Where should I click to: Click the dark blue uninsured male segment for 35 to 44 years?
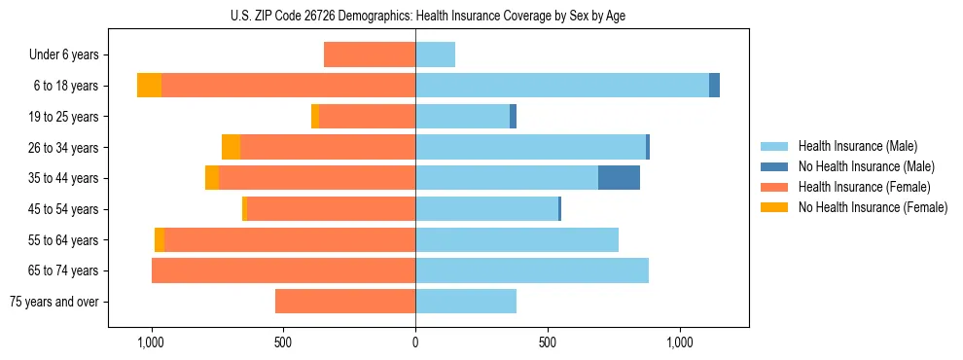(619, 177)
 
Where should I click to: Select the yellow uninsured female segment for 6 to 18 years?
(149, 86)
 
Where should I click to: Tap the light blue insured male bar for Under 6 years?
(435, 54)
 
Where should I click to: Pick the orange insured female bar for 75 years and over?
(345, 302)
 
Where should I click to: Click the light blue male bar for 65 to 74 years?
(532, 270)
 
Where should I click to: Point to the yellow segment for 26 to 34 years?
(231, 147)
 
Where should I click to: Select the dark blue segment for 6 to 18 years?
(714, 86)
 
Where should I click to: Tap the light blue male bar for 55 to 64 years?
(517, 239)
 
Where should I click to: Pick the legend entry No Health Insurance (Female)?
(873, 207)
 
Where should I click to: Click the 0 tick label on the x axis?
(415, 342)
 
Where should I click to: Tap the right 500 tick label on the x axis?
(548, 342)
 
